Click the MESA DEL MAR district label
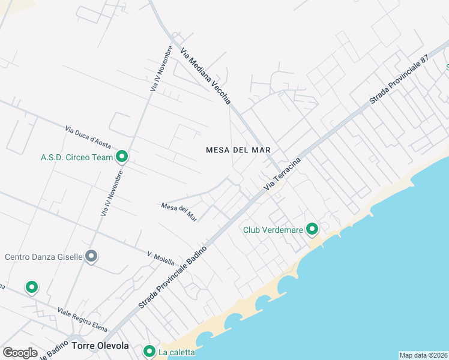tap(238, 150)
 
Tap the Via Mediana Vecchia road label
tap(205, 77)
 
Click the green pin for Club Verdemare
tap(312, 229)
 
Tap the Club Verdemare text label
tap(273, 230)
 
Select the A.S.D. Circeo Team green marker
tap(122, 157)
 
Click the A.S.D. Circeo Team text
tap(77, 158)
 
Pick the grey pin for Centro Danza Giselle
tap(91, 256)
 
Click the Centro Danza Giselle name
tap(43, 257)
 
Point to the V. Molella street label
tap(161, 259)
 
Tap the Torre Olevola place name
tap(100, 346)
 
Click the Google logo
tap(20, 352)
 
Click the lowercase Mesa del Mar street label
tap(179, 212)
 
